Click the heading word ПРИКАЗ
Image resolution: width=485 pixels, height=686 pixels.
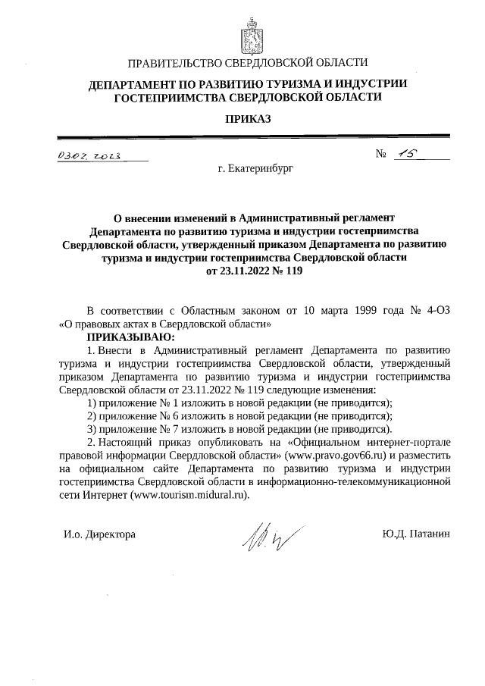tap(248, 118)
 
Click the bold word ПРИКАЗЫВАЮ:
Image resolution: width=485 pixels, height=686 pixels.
tap(130, 336)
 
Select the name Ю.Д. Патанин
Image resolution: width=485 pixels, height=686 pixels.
tap(417, 534)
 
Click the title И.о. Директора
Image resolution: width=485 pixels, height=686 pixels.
tap(99, 534)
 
